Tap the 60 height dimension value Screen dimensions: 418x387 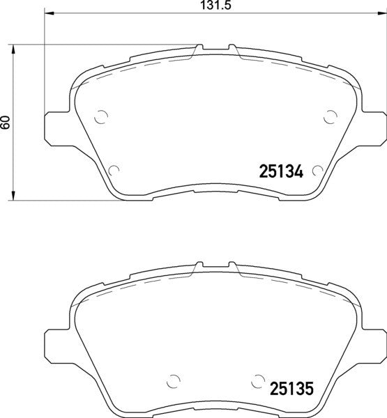(6, 123)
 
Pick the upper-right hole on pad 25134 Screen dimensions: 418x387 (331, 117)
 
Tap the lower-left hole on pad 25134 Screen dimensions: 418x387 (115, 168)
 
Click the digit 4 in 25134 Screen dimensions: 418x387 (296, 170)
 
